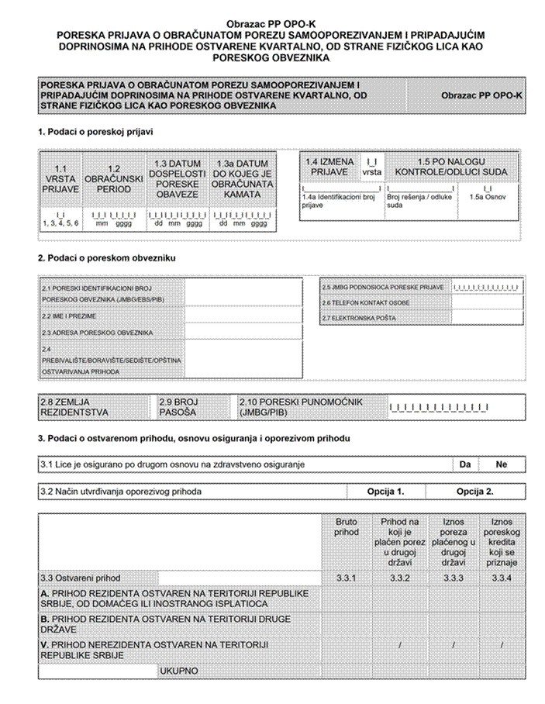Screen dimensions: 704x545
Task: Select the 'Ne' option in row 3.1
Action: point(502,464)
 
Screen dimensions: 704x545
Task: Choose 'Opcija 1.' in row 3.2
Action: point(385,492)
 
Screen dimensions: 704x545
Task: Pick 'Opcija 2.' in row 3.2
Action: point(474,492)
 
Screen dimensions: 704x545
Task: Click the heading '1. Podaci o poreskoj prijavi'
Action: point(95,132)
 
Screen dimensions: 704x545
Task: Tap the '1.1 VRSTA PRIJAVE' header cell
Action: point(61,178)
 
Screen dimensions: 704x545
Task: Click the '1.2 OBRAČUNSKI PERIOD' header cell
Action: point(113,178)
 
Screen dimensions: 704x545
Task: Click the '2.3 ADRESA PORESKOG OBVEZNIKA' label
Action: point(96,333)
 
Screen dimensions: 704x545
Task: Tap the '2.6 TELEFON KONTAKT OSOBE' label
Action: point(366,302)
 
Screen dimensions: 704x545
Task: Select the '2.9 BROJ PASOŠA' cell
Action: point(179,407)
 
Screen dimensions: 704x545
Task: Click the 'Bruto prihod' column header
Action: point(347,528)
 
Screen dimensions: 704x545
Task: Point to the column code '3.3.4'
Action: point(502,578)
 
